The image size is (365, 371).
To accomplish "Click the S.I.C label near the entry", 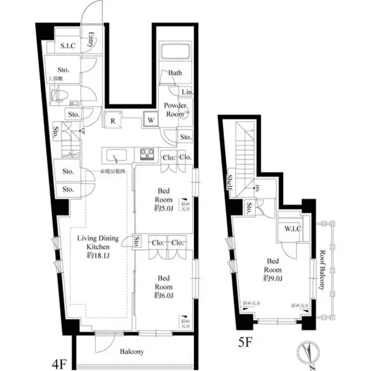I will coord(68,46).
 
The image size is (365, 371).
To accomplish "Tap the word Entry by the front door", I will coord(91,39).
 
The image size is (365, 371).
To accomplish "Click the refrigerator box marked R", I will coord(113,120).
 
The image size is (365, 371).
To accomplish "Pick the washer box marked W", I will coord(151,120).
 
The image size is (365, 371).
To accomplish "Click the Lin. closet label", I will coord(187,92).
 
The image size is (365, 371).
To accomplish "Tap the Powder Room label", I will coord(175,110).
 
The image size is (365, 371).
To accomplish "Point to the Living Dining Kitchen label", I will coord(98,247).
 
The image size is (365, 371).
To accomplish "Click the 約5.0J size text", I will coord(164,208).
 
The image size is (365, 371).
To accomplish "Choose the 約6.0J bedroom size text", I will coord(164,295).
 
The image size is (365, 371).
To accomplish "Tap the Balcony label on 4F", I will coord(132,352).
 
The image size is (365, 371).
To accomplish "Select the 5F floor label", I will coord(245,342).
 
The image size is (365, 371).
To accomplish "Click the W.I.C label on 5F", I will coord(293,229).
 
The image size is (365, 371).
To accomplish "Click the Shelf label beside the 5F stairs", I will coord(230,182).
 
